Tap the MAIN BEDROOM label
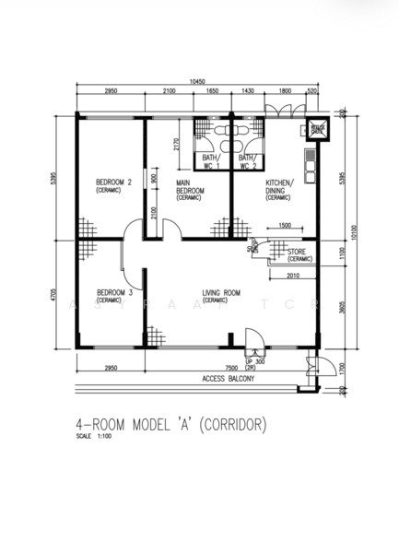click(x=190, y=190)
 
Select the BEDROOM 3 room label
click(x=114, y=295)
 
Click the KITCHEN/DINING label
click(x=279, y=190)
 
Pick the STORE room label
click(x=298, y=253)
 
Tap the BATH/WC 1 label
click(x=212, y=162)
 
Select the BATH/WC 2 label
click(x=248, y=162)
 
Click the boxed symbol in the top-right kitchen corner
click(x=318, y=129)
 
